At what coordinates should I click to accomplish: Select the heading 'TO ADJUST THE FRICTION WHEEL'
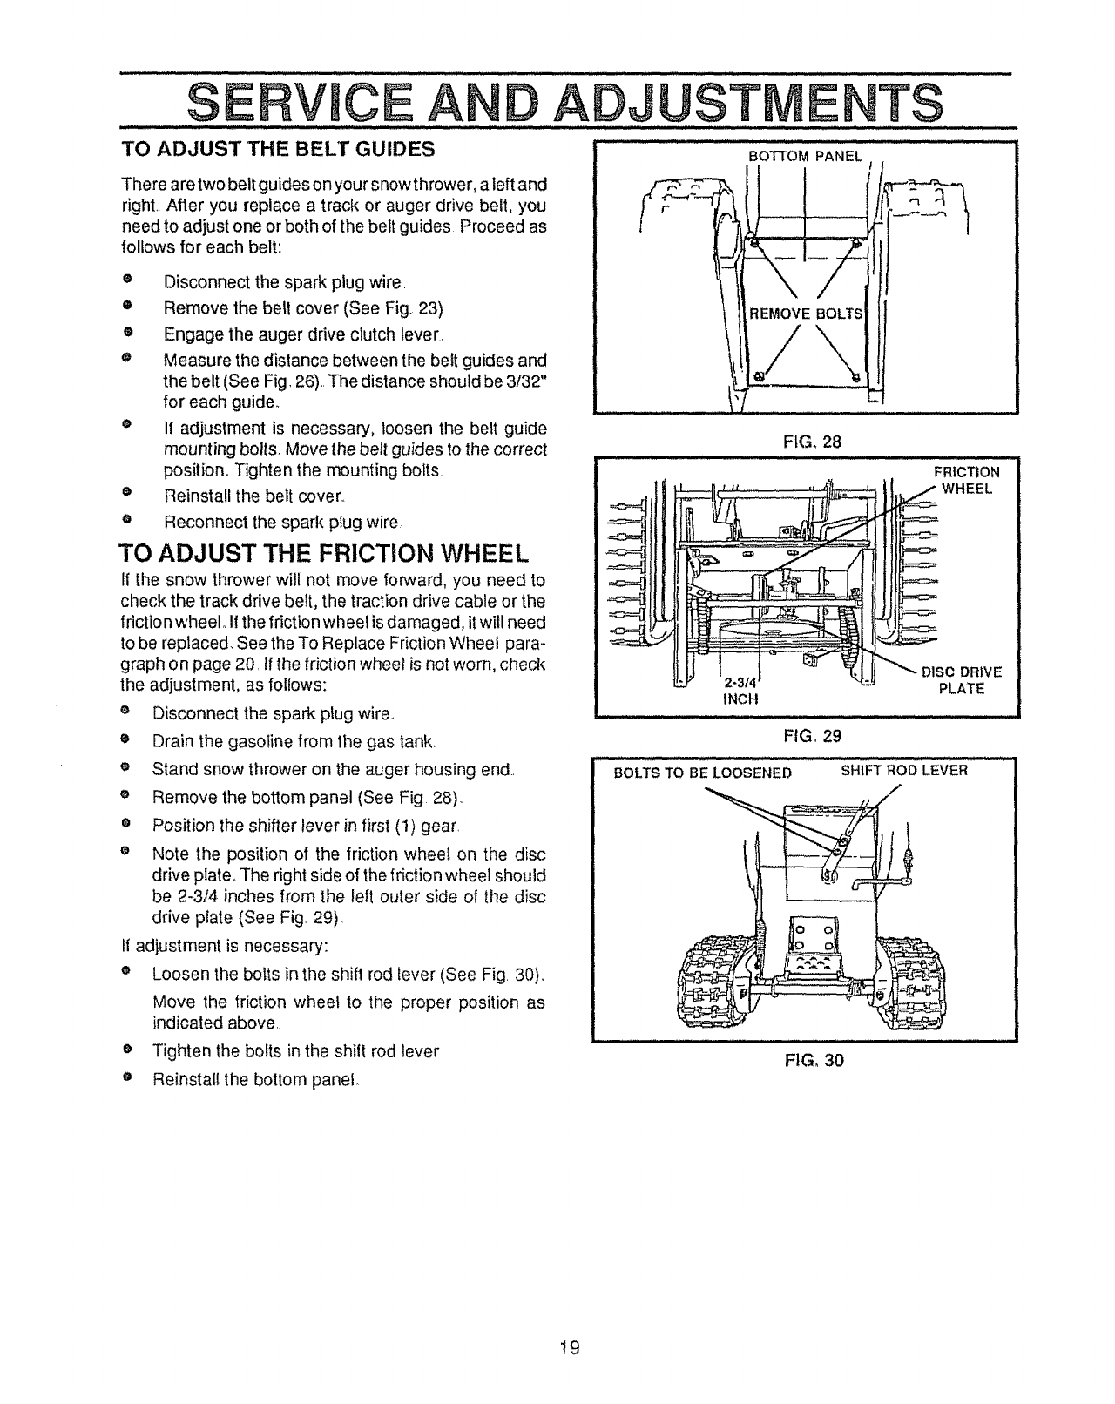(323, 554)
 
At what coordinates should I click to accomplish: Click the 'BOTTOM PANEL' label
(805, 157)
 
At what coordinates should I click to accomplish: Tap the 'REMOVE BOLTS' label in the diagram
(806, 314)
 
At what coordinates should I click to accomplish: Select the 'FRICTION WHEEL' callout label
(967, 480)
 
